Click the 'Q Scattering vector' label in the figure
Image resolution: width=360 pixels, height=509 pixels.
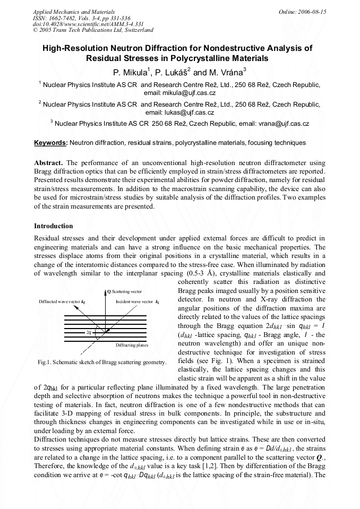tap(125, 291)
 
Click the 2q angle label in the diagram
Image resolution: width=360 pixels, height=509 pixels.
tap(89, 332)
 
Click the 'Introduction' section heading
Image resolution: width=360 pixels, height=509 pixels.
tap(54, 226)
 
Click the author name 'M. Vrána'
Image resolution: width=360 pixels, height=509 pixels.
tap(227, 72)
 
